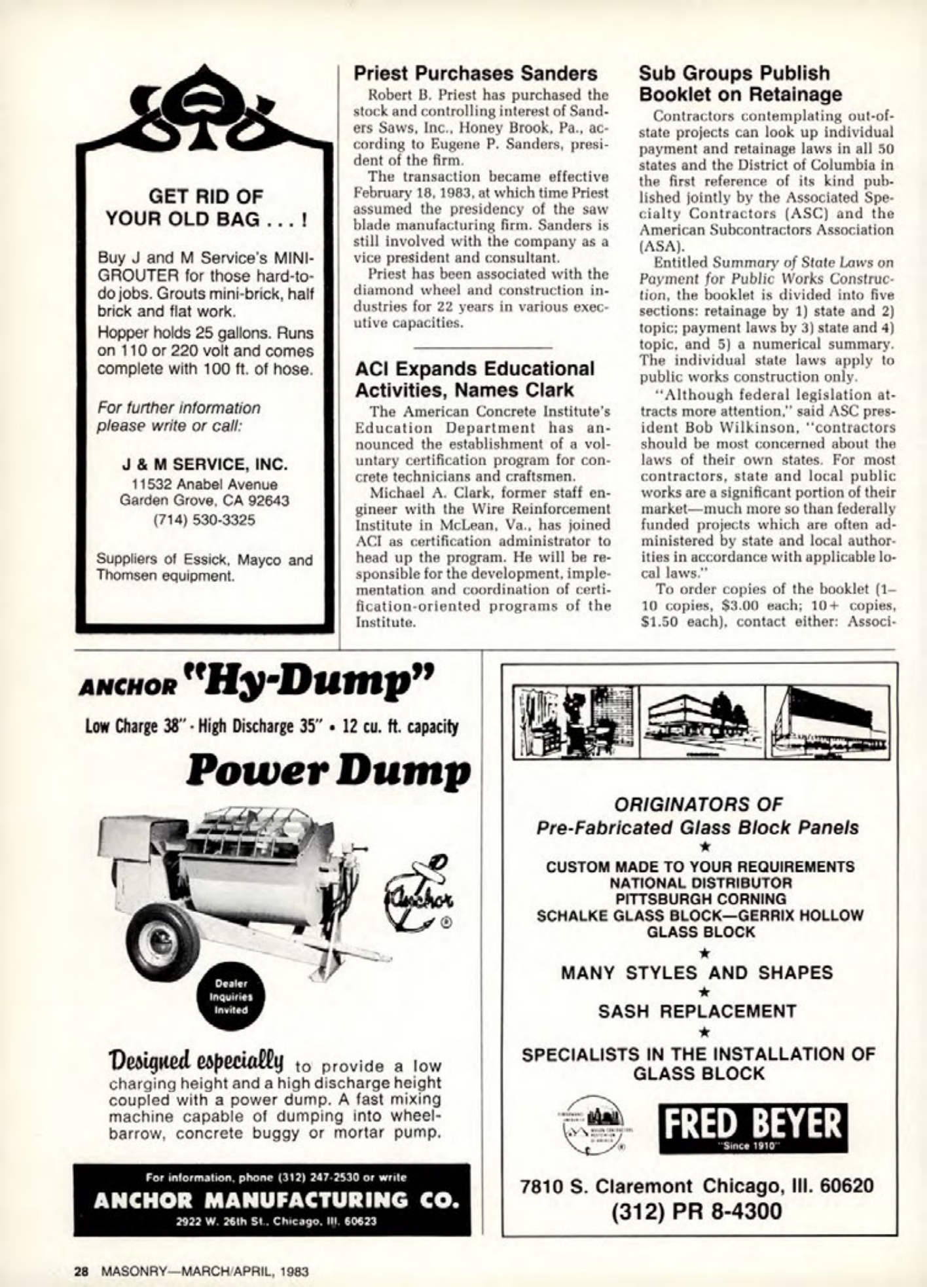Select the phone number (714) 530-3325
[204, 520]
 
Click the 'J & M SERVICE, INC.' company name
[205, 465]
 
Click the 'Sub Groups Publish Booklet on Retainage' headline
[740, 84]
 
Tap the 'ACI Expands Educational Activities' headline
[474, 379]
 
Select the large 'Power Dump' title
[327, 772]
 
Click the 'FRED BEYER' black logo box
[752, 1127]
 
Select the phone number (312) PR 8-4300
[697, 1211]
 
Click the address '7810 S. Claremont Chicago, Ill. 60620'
[697, 1186]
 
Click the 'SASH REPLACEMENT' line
[697, 1011]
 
